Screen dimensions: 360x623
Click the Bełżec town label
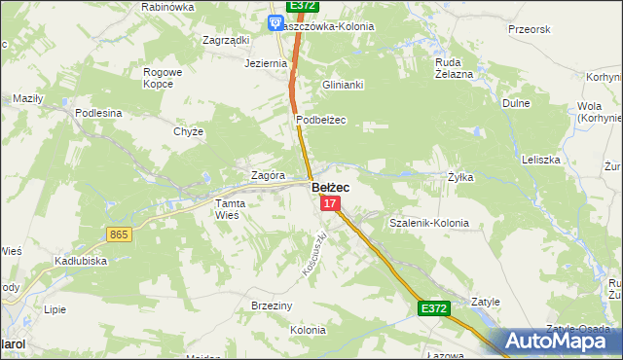click(330, 187)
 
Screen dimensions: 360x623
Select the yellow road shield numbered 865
click(120, 234)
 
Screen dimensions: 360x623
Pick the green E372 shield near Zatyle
click(434, 308)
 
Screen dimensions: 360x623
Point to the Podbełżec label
click(321, 120)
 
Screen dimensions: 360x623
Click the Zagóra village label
click(268, 175)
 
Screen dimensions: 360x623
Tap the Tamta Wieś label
click(232, 209)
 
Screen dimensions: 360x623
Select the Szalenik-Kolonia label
click(428, 223)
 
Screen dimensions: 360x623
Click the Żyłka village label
click(460, 177)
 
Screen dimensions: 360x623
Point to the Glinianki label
click(343, 85)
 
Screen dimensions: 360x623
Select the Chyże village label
click(188, 131)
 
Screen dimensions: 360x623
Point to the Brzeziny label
click(272, 305)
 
